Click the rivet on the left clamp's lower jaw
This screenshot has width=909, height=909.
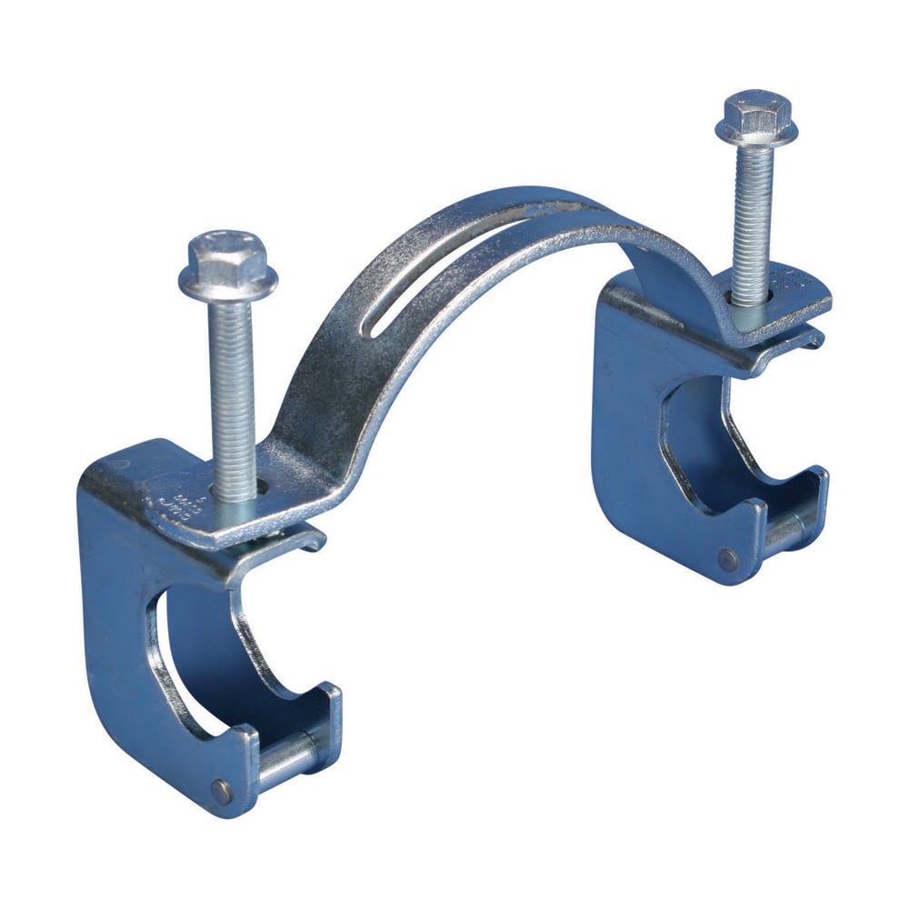click(222, 790)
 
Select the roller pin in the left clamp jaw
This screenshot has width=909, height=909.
click(286, 757)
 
